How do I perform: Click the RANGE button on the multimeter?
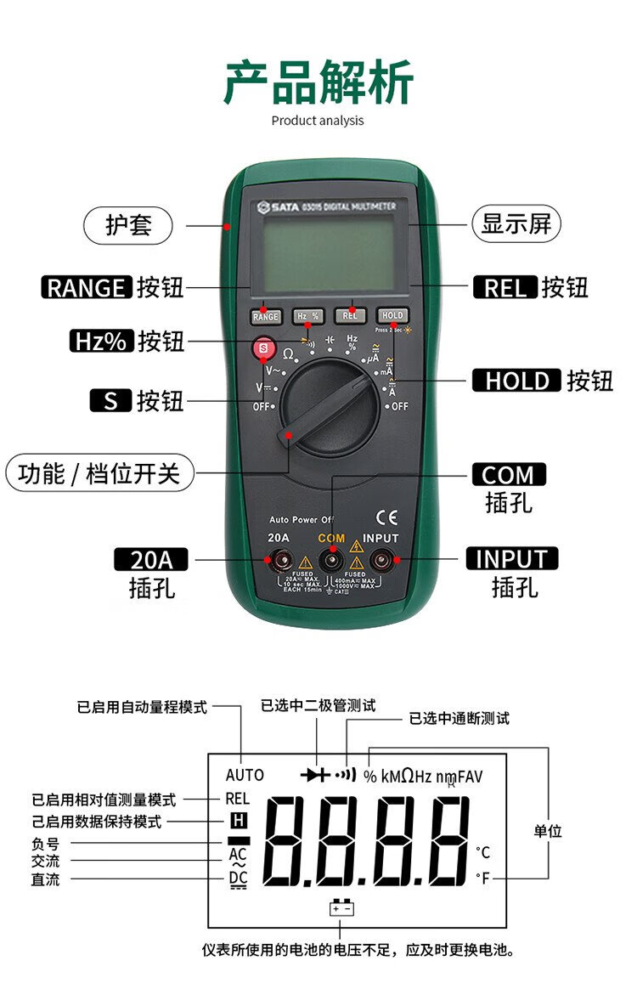pos(265,317)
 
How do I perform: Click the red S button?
pos(263,348)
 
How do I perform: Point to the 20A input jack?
pos(279,560)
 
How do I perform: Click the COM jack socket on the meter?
pos(331,560)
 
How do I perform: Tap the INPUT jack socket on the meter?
pos(381,560)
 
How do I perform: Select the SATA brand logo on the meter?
pos(275,206)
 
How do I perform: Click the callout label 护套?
pos(127,226)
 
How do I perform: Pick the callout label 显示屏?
pos(516,224)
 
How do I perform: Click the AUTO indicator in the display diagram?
pos(245,776)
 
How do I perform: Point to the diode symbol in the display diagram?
pos(314,775)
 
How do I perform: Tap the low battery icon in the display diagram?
pos(341,908)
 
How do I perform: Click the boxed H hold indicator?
pos(238,821)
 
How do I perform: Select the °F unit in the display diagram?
pos(482,878)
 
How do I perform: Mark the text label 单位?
pos(547,831)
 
